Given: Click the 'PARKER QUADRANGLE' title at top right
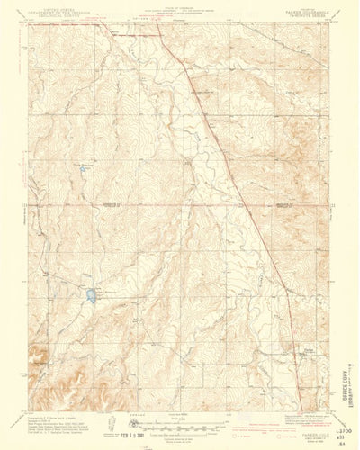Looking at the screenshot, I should [287, 10].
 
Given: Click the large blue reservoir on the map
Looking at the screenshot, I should [92, 293].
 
